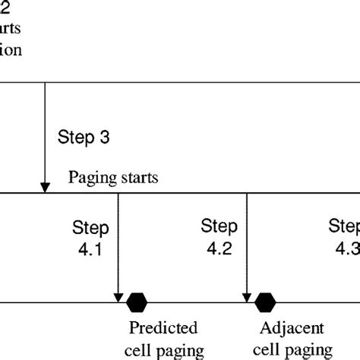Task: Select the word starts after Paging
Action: pyautogui.click(x=136, y=178)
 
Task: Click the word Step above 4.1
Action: pyautogui.click(x=90, y=227)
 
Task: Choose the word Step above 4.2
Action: pyautogui.click(x=219, y=226)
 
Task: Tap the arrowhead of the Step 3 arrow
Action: pyautogui.click(x=45, y=186)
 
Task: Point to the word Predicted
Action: pyautogui.click(x=163, y=329)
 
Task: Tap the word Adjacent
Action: pyautogui.click(x=292, y=329)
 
